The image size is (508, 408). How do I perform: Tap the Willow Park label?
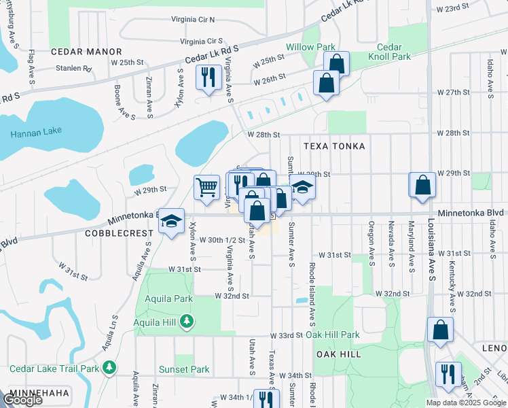click(x=310, y=47)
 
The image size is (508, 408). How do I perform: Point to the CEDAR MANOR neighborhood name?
click(x=86, y=52)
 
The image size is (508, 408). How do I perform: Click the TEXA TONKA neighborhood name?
click(x=334, y=146)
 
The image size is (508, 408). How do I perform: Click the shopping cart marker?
click(x=206, y=186)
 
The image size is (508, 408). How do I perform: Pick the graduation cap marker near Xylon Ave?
click(x=173, y=220)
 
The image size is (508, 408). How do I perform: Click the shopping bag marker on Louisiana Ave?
click(x=422, y=184)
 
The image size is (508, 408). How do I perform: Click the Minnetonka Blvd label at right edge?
click(x=471, y=213)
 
